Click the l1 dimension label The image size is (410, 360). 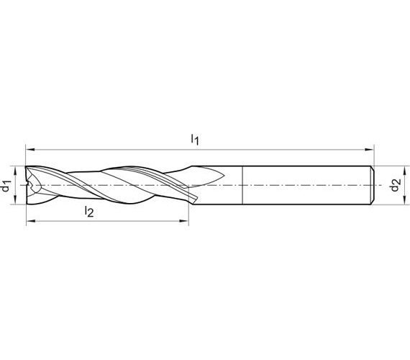[x=195, y=139]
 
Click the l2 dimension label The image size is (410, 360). [x=89, y=212]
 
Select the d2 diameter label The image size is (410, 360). [x=395, y=185]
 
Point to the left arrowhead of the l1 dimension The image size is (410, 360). [x=30, y=150]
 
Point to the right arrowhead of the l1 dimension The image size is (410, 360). [x=370, y=150]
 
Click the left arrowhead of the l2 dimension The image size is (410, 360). [x=31, y=221]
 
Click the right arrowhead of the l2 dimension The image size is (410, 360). [x=184, y=221]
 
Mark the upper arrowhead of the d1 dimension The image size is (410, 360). [x=15, y=171]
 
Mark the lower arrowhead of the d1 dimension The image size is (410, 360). [x=15, y=199]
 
